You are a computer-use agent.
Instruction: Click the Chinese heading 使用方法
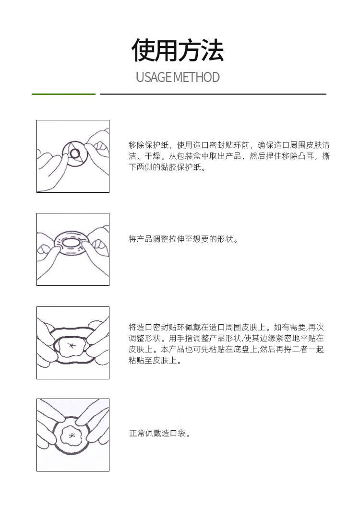point(178,50)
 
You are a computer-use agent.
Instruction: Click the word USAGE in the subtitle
point(154,77)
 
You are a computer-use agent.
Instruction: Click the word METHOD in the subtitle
point(197,77)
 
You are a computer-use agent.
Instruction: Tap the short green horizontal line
point(64,94)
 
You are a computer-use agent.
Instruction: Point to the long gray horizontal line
point(213,94)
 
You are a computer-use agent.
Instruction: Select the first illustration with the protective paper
point(73,156)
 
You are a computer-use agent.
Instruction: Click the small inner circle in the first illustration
point(75,153)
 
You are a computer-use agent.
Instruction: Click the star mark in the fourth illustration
point(72,435)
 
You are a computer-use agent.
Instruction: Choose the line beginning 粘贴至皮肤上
point(155,361)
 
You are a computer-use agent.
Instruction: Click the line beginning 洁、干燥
point(229,156)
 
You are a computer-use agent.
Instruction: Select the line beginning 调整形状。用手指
point(226,338)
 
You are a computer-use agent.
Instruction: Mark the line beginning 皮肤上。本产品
point(226,349)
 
